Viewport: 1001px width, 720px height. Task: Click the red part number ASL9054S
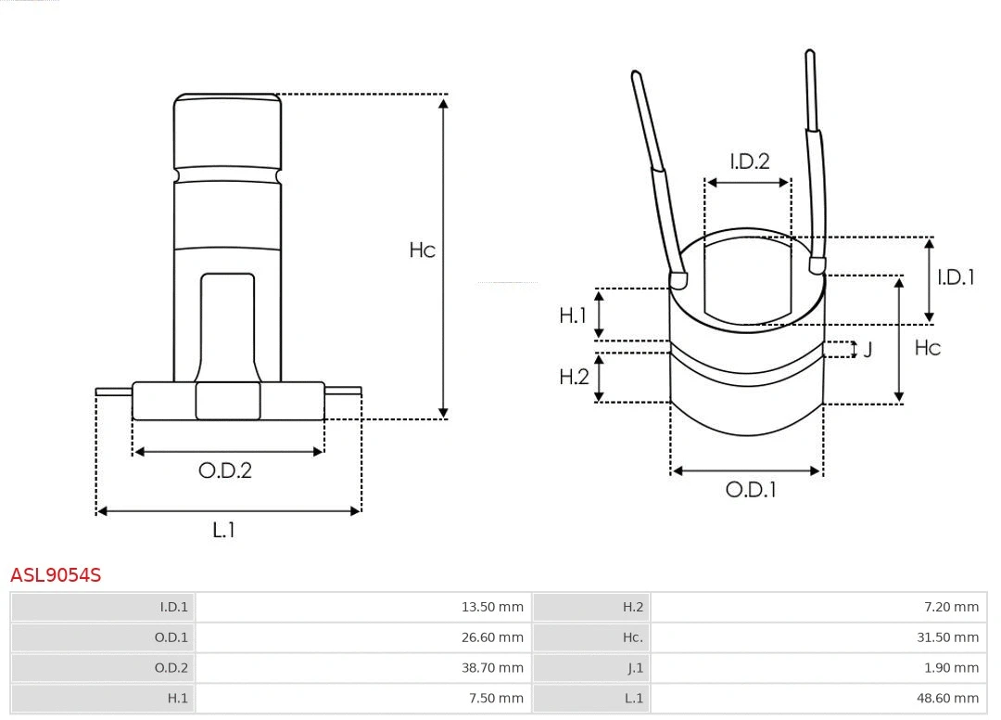pyautogui.click(x=56, y=575)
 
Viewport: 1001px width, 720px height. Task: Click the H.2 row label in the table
pyautogui.click(x=632, y=608)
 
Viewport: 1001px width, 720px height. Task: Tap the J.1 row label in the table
pyautogui.click(x=634, y=668)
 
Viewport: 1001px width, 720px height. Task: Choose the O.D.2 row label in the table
pyautogui.click(x=171, y=668)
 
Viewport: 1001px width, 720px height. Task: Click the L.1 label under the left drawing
pyautogui.click(x=224, y=530)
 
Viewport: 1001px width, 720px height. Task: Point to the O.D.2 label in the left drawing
pyautogui.click(x=225, y=470)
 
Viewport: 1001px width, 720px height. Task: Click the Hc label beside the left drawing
pyautogui.click(x=423, y=251)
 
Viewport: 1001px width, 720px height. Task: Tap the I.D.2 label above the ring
pyautogui.click(x=749, y=161)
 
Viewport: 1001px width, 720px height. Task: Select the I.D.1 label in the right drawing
pyautogui.click(x=956, y=277)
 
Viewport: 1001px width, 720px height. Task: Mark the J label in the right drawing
pyautogui.click(x=868, y=350)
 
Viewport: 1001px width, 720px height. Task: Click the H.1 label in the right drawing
pyautogui.click(x=573, y=315)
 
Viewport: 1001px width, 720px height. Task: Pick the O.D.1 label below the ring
pyautogui.click(x=750, y=490)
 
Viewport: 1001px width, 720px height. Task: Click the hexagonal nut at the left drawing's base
pyautogui.click(x=228, y=401)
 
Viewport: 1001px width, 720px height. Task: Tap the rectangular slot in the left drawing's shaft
pyautogui.click(x=228, y=325)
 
